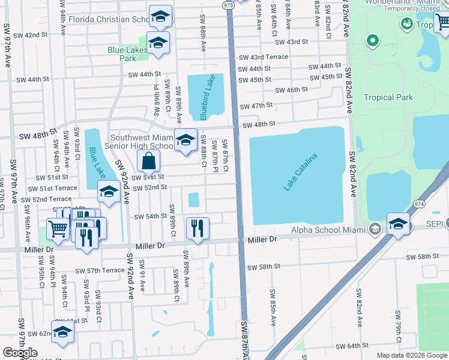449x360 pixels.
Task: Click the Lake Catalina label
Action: point(300,173)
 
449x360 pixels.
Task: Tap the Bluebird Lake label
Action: point(206,96)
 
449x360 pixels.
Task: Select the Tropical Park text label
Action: point(388,97)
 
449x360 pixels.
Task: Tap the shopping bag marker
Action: point(148,161)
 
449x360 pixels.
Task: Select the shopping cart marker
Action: point(58,229)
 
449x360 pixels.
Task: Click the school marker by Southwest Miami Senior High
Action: point(185,140)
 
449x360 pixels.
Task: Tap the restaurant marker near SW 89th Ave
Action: point(197,228)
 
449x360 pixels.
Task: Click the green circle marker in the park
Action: point(372,41)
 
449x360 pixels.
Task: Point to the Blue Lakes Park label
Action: point(127,54)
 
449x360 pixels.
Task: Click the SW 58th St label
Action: point(264,266)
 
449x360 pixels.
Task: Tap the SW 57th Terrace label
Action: point(100,271)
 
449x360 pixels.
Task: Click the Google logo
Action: point(20,353)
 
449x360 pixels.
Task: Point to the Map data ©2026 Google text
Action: point(411,355)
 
